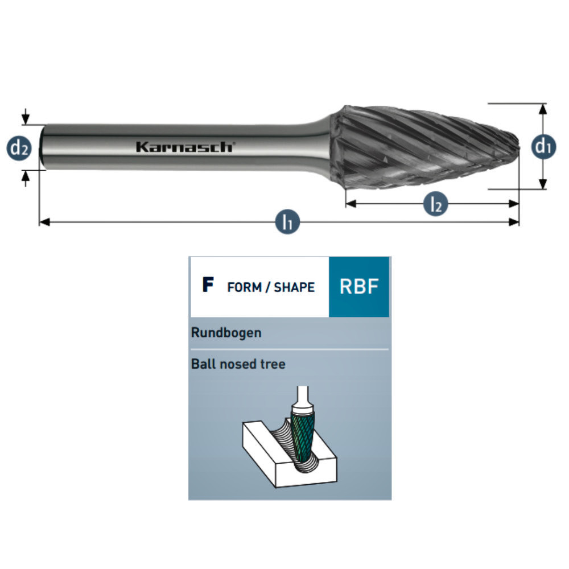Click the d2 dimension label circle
[18, 148]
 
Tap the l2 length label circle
[435, 204]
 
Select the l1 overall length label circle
[288, 221]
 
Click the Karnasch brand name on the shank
[184, 147]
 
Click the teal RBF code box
[359, 287]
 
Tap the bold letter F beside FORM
[208, 286]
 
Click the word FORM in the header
[244, 287]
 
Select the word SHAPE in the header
[294, 287]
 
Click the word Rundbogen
[226, 333]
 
